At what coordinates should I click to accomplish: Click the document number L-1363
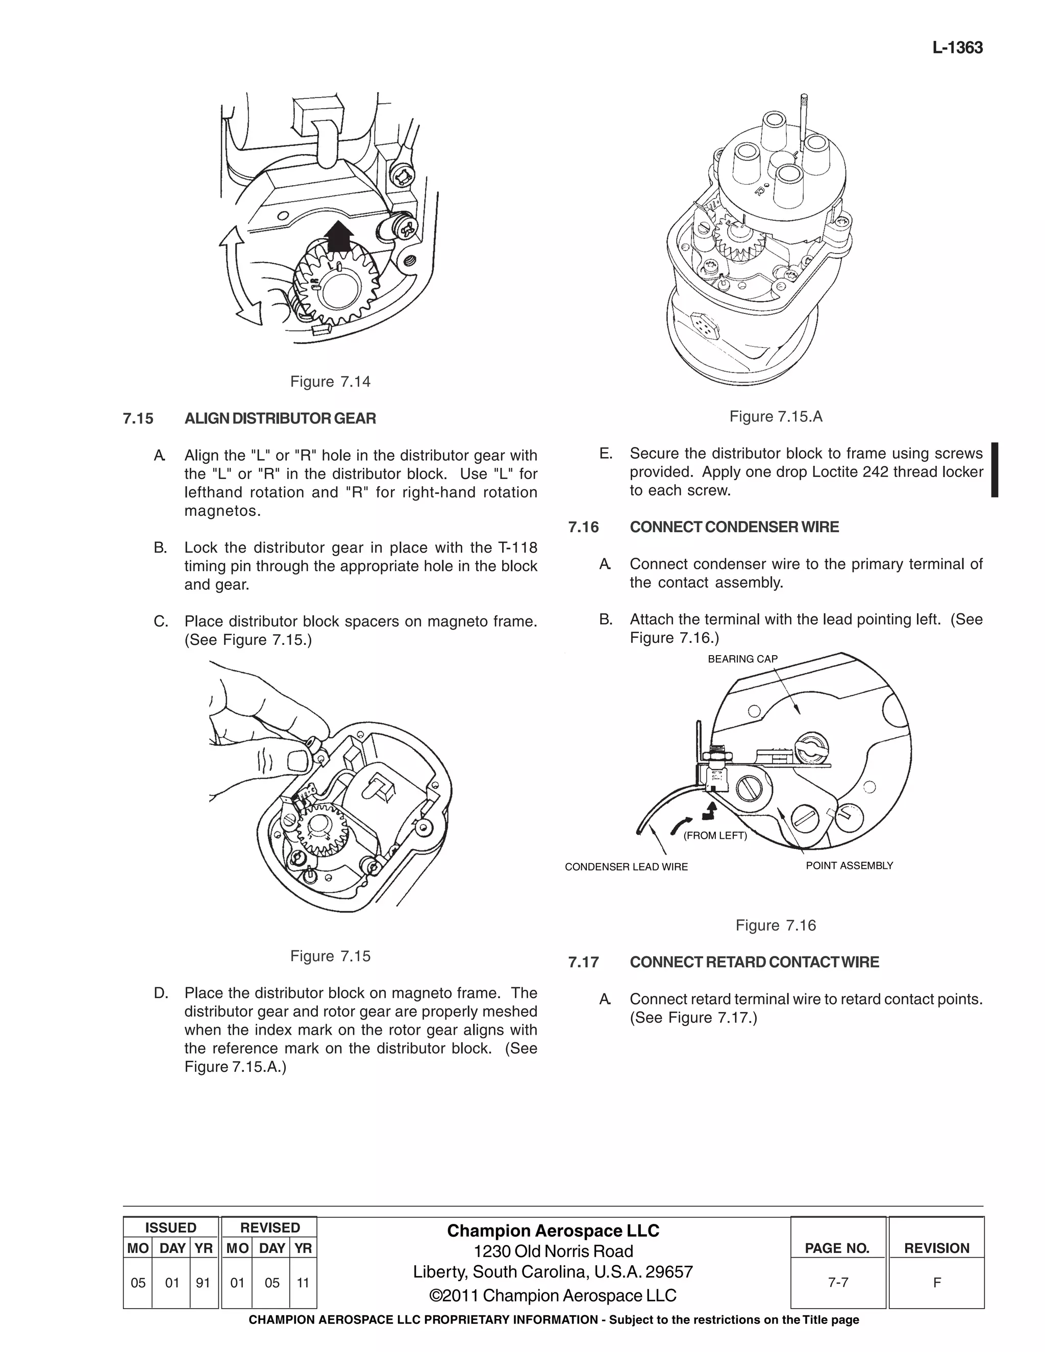pyautogui.click(x=957, y=47)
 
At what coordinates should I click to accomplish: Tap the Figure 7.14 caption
pyautogui.click(x=330, y=381)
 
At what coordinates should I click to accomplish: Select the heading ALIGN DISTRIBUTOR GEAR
pyautogui.click(x=280, y=418)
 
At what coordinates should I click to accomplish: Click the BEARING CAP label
pyautogui.click(x=742, y=659)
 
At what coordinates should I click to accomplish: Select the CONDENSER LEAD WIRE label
pyautogui.click(x=626, y=867)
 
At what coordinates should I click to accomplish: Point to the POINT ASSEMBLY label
pyautogui.click(x=849, y=865)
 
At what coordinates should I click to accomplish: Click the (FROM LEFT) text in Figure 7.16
pyautogui.click(x=715, y=836)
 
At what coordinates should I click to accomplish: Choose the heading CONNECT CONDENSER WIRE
pyautogui.click(x=734, y=528)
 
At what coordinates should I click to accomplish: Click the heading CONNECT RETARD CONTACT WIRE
pyautogui.click(x=754, y=962)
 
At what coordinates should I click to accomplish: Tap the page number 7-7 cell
pyautogui.click(x=838, y=1283)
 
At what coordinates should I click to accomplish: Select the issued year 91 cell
pyautogui.click(x=203, y=1283)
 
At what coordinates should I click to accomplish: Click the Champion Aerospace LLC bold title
pyautogui.click(x=553, y=1231)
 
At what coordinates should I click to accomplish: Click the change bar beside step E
pyautogui.click(x=994, y=470)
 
